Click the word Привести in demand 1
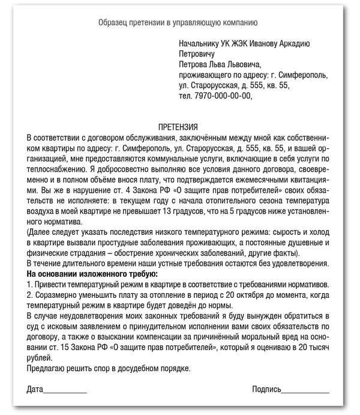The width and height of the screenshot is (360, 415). click(51, 284)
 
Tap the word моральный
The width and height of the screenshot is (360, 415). click(268, 336)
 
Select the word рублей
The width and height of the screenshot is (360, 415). click(40, 357)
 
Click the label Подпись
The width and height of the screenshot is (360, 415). click(266, 390)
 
